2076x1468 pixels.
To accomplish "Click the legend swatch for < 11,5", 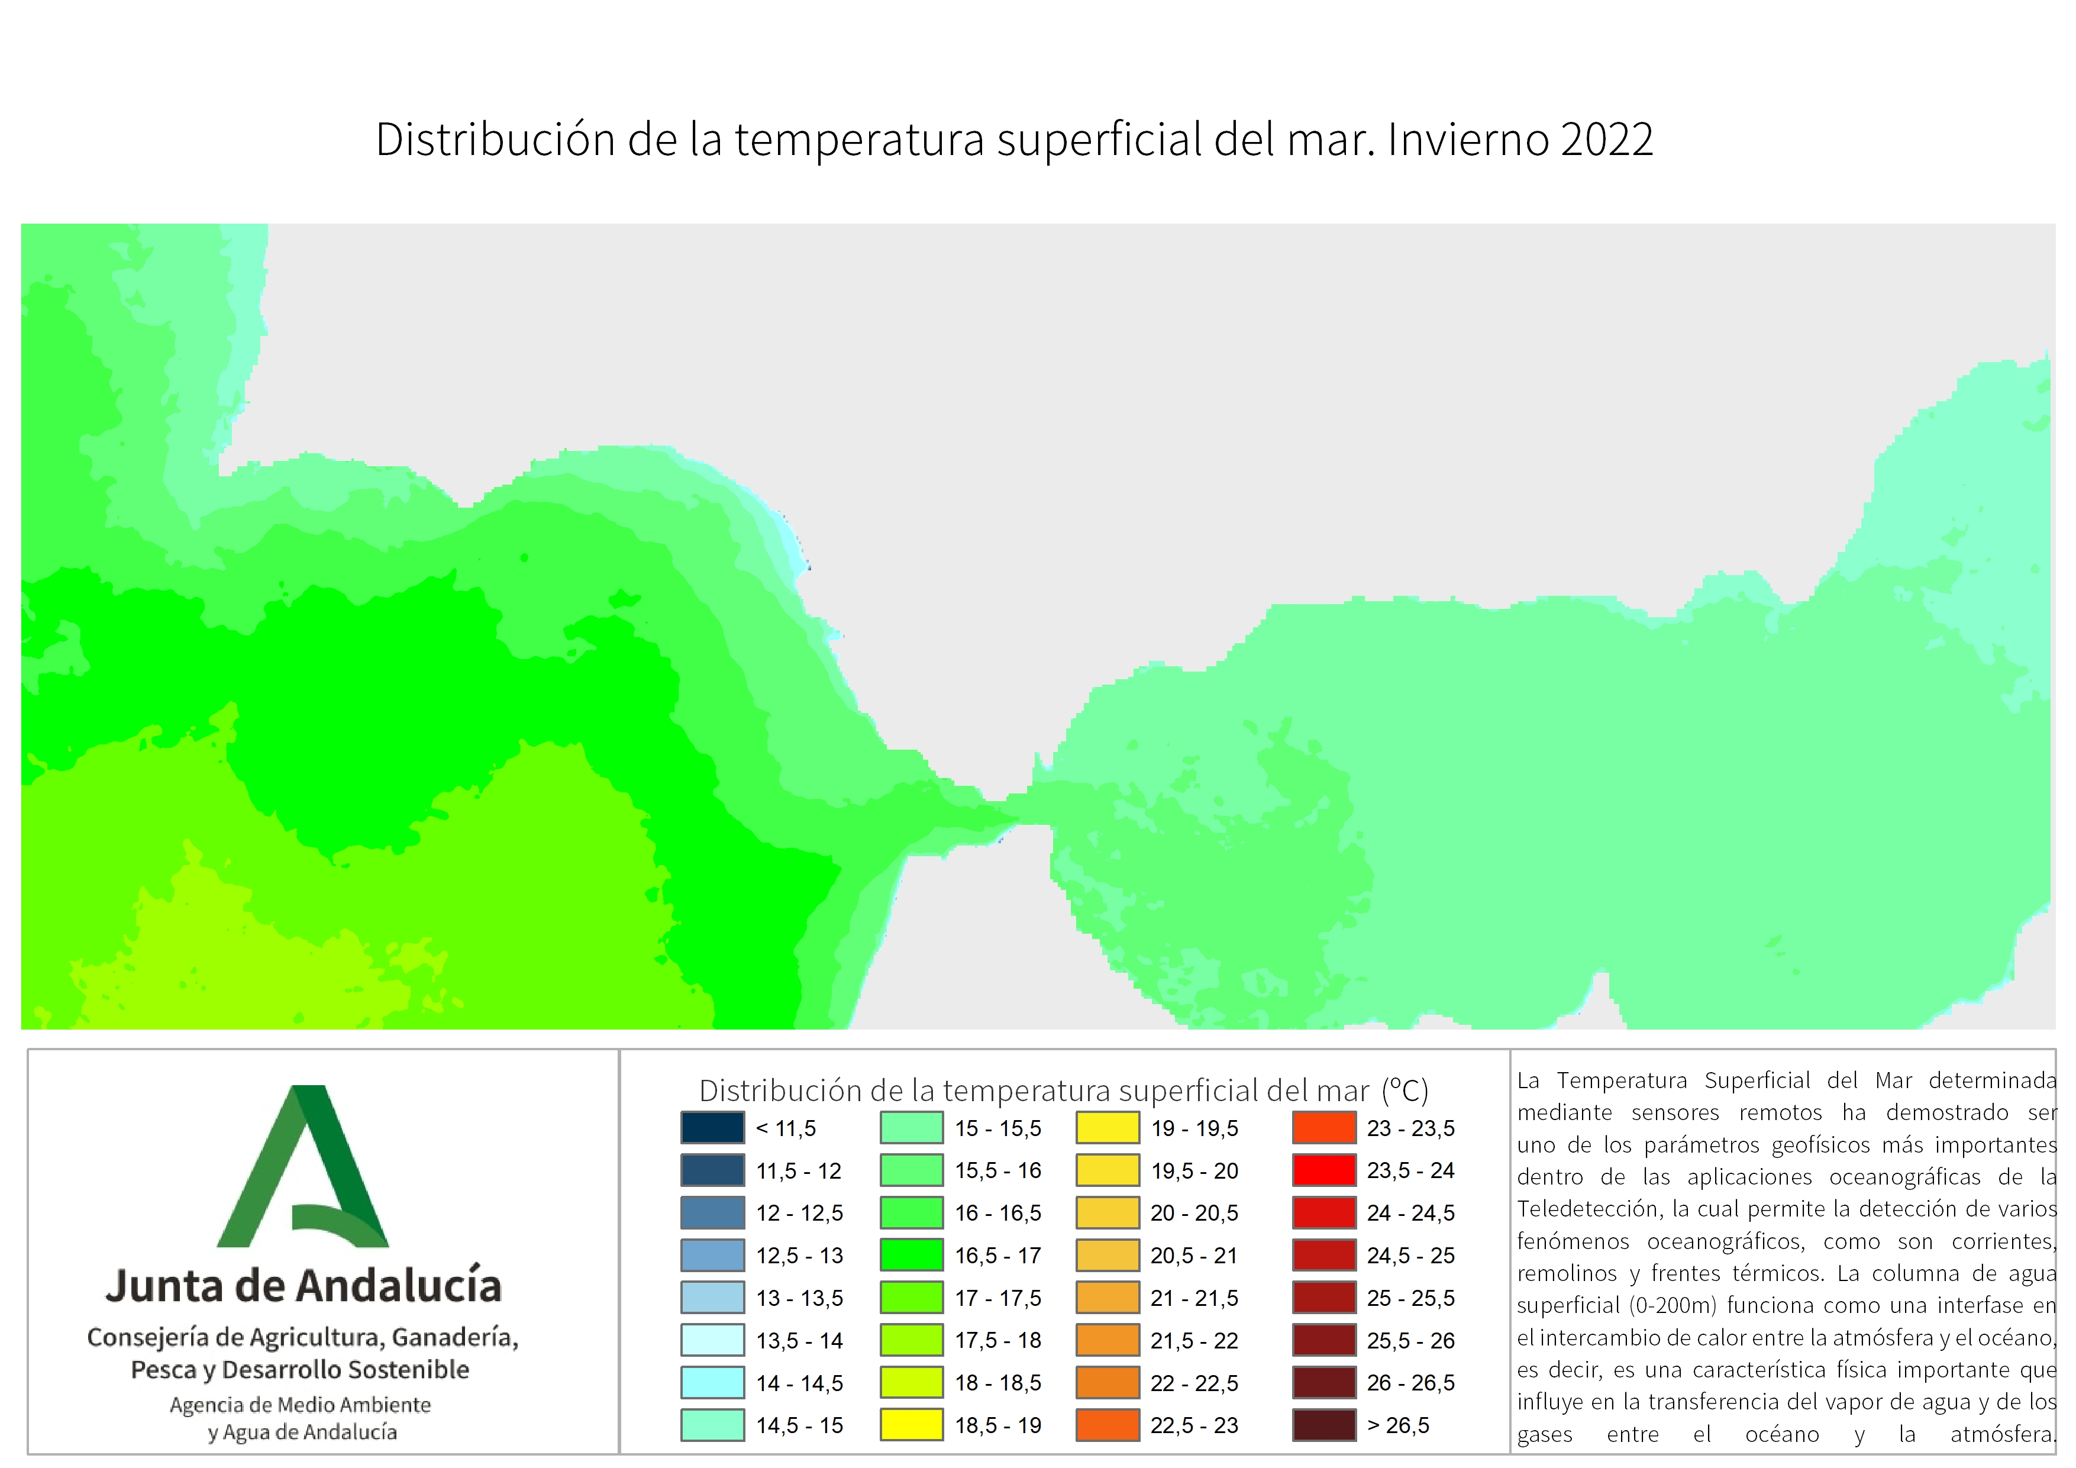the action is coord(712,1128).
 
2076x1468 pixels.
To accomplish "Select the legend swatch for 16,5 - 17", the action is coord(912,1256).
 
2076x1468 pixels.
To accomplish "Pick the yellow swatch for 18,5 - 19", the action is coord(912,1425).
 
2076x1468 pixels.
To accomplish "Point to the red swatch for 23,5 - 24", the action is coord(1325,1170).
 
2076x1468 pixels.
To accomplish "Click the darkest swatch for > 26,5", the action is coord(1325,1425).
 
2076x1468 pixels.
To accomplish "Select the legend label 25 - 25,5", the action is coord(1410,1299).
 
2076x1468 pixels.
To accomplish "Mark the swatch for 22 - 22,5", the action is coord(1108,1382).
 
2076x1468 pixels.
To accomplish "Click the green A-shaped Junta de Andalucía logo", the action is coord(303,1166).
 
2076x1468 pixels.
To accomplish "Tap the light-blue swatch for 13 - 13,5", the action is coord(712,1298).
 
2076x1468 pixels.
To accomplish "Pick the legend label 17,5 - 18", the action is coord(998,1340).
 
